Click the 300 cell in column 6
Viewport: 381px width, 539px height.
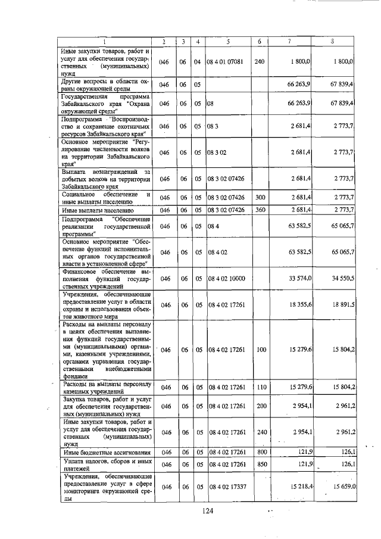(x=259, y=197)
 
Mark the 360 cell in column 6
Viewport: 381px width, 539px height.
(x=259, y=210)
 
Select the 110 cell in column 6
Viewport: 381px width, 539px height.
(x=259, y=387)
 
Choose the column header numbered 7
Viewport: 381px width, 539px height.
(x=289, y=41)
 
